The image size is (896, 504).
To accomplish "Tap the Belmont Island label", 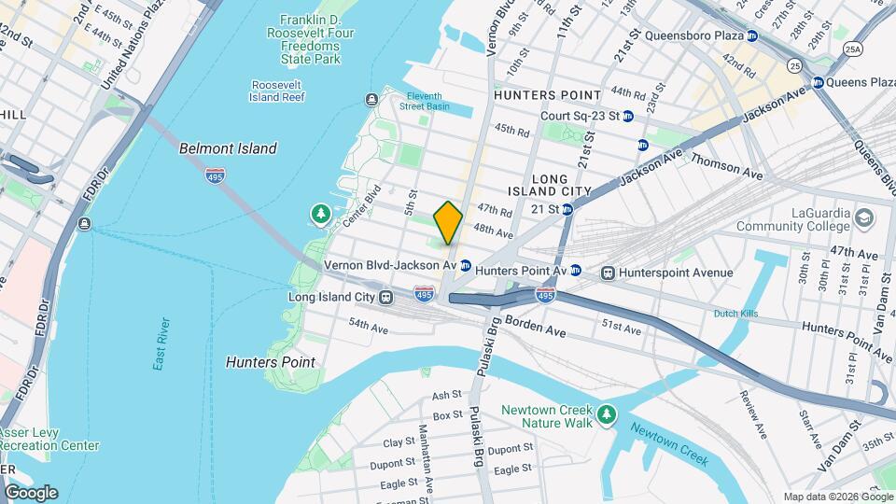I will click(228, 148).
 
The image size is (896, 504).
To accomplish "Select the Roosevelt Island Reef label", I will click(277, 91).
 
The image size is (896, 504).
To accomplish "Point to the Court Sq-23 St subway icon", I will click(628, 117).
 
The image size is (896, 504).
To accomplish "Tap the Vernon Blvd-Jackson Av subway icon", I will click(465, 266).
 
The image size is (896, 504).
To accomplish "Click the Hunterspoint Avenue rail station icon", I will click(608, 273).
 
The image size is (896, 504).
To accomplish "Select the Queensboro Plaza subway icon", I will click(751, 36).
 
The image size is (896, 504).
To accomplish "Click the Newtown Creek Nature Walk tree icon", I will click(607, 412).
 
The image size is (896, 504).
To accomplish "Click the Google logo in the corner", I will click(31, 492).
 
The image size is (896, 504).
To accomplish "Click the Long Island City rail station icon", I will click(384, 297).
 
